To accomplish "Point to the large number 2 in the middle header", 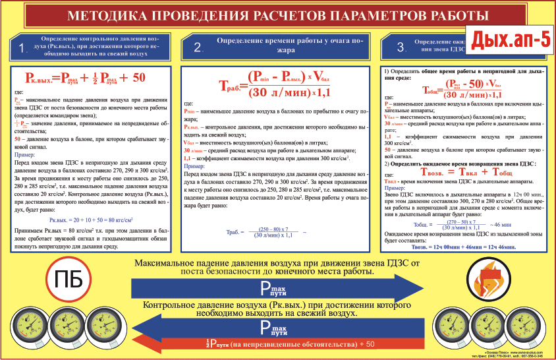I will coord(198,47).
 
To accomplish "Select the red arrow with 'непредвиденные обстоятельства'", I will coord(277,344).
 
